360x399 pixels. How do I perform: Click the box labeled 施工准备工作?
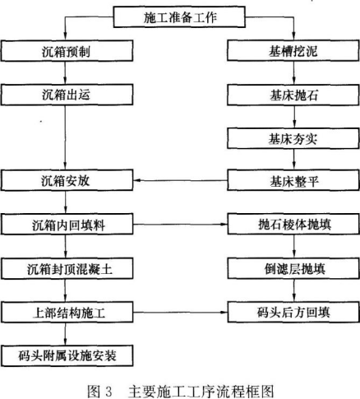tap(179, 17)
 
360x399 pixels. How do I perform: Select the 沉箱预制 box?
tap(67, 51)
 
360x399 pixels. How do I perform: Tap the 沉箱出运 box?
tap(67, 95)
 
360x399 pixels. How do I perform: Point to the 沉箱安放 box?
tap(67, 180)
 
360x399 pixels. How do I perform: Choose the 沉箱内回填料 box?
tap(67, 225)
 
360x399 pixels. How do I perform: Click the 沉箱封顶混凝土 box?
tap(67, 268)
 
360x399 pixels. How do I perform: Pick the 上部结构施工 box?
tap(67, 313)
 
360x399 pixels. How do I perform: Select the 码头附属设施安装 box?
tap(67, 355)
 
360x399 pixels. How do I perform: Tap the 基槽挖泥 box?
tap(293, 50)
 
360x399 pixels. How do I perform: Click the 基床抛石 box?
tap(293, 95)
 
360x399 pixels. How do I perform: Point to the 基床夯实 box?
tap(293, 138)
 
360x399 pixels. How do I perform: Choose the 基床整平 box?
tap(293, 180)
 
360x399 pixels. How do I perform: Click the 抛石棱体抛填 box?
tap(293, 225)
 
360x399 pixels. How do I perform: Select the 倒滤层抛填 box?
tap(293, 268)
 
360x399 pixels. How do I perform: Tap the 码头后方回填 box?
tap(293, 312)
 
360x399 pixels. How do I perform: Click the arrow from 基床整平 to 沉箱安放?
tap(180, 180)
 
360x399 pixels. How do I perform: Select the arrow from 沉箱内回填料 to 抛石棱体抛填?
tap(180, 225)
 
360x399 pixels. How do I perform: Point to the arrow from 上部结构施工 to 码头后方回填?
tap(180, 313)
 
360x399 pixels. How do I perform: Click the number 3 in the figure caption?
tap(108, 391)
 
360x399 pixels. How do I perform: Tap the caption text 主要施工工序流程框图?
tap(201, 391)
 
